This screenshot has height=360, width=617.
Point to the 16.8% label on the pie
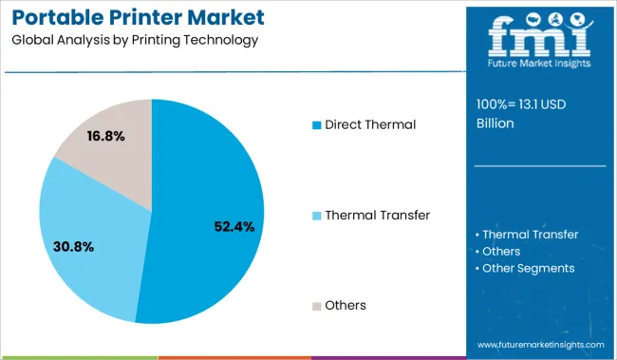pos(104,136)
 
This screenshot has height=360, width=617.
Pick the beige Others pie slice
pos(109,161)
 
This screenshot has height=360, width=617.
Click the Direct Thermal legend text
pos(371,124)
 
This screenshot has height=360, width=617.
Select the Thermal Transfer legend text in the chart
pos(377,215)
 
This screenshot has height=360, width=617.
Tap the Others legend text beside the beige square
pos(346,305)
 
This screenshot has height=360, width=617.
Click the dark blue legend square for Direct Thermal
pos(316,124)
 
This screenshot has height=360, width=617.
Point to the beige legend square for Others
pos(316,306)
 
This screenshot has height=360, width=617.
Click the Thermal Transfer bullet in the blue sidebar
pos(530,235)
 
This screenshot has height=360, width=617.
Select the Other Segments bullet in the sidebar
pos(528,268)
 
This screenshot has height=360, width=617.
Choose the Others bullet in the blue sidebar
pos(501,251)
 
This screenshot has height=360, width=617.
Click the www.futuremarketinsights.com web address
pos(540,344)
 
